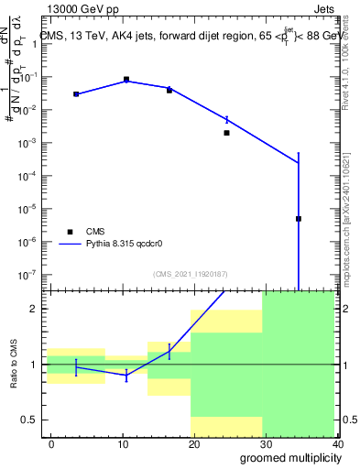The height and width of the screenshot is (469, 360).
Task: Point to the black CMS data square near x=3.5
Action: (76, 93)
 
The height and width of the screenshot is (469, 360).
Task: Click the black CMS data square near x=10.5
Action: (126, 80)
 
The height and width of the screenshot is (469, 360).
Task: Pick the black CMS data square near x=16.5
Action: (169, 90)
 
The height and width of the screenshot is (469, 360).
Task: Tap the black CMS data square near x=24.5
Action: (226, 133)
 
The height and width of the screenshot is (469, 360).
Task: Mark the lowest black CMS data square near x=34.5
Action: (299, 219)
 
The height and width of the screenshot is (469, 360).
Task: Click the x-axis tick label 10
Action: (122, 443)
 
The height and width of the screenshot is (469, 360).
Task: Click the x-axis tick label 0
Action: (51, 443)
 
